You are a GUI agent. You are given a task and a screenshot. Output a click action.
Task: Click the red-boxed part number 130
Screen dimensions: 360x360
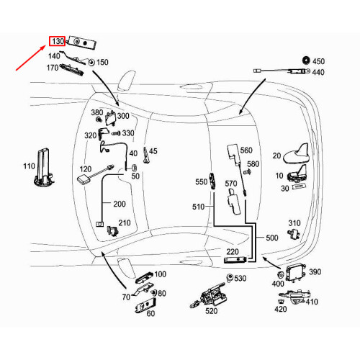(x=58, y=42)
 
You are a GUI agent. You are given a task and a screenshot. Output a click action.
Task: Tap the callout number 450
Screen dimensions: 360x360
(x=318, y=61)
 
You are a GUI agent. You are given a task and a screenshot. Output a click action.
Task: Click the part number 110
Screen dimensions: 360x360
(x=29, y=166)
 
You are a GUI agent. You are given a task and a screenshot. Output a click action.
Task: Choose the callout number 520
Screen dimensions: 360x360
(x=210, y=311)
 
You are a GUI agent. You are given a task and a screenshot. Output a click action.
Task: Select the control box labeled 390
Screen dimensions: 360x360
(x=296, y=273)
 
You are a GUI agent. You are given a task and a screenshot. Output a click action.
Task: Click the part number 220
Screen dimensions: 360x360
(x=233, y=251)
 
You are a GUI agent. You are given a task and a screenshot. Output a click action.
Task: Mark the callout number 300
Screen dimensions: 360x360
(x=123, y=116)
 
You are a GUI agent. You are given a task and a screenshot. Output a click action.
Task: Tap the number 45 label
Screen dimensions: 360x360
(x=153, y=150)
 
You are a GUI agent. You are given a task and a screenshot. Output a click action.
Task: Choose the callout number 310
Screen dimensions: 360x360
(x=294, y=222)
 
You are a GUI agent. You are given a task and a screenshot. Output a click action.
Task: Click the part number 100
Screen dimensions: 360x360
(x=160, y=274)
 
